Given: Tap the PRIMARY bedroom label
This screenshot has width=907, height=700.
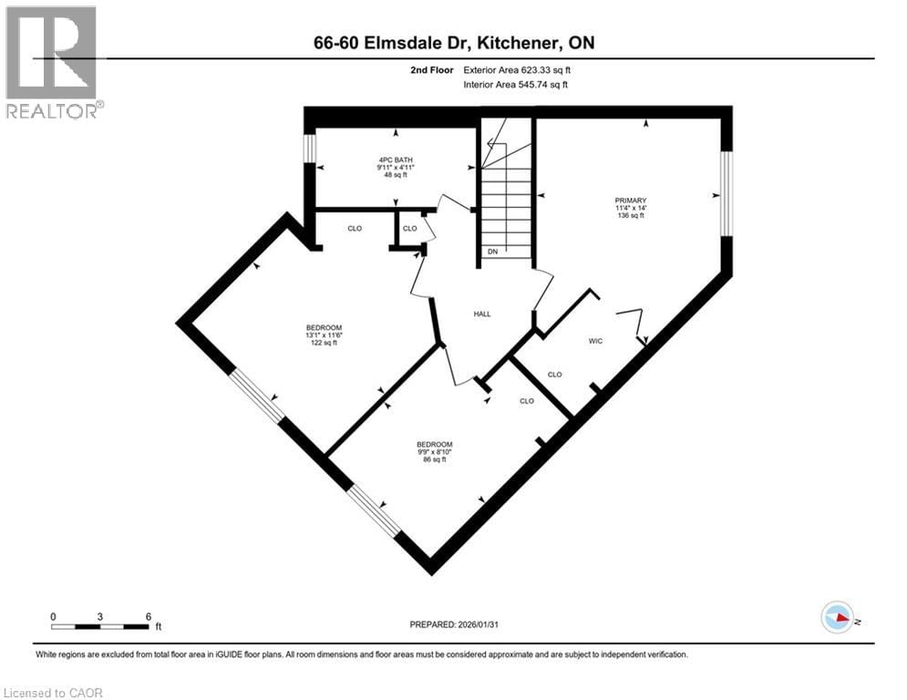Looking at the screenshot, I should point(630,201).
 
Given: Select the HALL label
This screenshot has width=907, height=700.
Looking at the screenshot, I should point(482,314).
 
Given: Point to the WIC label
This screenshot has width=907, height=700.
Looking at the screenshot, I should point(596,340).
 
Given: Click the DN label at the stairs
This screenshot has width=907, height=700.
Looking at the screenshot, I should point(492,251).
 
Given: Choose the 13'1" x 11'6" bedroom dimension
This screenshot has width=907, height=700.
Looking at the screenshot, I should point(324,335).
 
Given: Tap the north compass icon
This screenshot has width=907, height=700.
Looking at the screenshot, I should point(837,618).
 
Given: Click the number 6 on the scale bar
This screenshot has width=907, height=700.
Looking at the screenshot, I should point(148,616).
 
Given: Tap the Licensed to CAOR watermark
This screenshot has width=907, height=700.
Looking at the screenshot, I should point(53,693).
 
